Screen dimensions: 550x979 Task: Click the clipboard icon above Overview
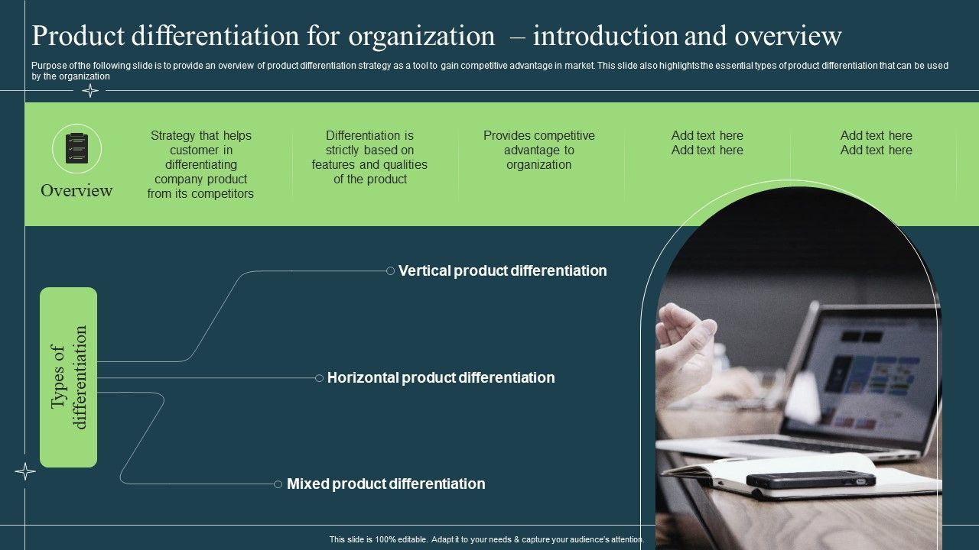tap(76, 148)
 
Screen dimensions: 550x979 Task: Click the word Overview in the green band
tap(76, 190)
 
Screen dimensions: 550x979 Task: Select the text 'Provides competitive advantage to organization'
tap(538, 150)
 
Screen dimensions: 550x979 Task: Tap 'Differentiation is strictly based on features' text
tap(369, 157)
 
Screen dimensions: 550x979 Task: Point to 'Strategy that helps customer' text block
tap(200, 164)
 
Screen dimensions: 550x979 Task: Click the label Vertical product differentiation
tap(503, 270)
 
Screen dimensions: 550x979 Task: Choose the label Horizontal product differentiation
tap(441, 377)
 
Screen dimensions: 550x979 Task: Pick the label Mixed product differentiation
tap(385, 484)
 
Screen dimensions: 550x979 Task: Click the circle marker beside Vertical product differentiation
tap(390, 270)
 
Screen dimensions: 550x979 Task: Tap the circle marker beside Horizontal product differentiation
tap(319, 377)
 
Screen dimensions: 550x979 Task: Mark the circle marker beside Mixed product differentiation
tap(278, 484)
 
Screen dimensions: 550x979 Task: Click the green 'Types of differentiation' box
tap(69, 377)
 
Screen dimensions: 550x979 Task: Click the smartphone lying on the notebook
tap(811, 480)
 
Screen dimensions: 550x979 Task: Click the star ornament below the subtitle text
tap(90, 91)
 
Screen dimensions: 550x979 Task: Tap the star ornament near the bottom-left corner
tap(25, 471)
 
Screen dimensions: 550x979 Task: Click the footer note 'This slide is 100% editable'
tap(486, 539)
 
